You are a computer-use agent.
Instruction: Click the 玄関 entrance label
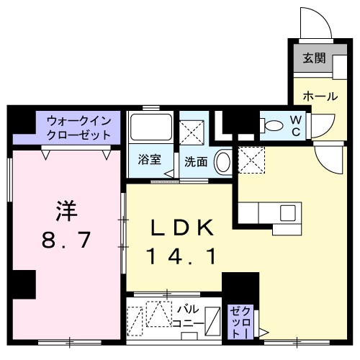[x=312, y=58]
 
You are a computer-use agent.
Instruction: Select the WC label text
[x=297, y=125]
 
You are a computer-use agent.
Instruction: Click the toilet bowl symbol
[x=274, y=125]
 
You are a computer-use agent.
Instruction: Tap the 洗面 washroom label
[x=196, y=162]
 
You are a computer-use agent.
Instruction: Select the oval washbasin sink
[x=224, y=161]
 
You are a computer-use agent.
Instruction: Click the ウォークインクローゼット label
[x=79, y=127]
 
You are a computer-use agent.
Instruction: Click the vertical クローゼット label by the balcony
[x=238, y=323]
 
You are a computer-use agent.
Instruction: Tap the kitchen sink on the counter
[x=287, y=212]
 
